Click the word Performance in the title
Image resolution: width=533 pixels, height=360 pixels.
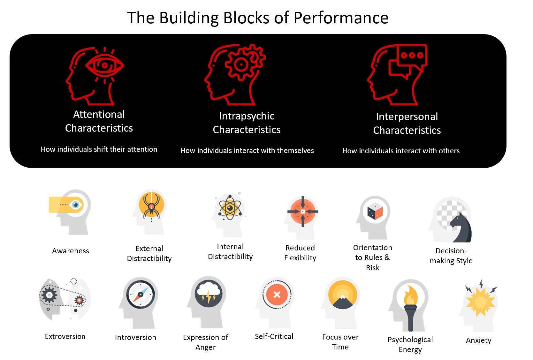(x=341, y=18)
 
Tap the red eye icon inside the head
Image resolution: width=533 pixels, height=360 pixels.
(x=105, y=65)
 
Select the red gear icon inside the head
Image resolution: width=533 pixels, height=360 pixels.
(x=241, y=64)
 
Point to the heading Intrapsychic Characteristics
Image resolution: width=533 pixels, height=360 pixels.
(x=247, y=123)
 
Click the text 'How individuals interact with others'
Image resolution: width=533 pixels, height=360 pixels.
(x=401, y=151)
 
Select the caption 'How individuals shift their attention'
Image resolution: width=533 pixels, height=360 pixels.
(x=99, y=149)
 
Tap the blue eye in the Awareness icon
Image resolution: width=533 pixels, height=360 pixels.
(x=76, y=205)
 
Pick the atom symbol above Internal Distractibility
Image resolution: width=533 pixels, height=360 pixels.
(x=230, y=208)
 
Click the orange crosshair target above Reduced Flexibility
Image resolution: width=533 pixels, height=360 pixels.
(x=303, y=211)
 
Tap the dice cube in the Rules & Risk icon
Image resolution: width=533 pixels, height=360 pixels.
(x=375, y=211)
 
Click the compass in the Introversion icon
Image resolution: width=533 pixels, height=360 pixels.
(x=141, y=295)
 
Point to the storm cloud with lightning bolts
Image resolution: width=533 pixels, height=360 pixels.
(x=209, y=293)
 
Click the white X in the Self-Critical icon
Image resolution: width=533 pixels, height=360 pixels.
(x=277, y=295)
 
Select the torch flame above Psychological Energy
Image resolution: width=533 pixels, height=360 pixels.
(x=411, y=295)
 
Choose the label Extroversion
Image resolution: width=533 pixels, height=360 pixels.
(x=65, y=336)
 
